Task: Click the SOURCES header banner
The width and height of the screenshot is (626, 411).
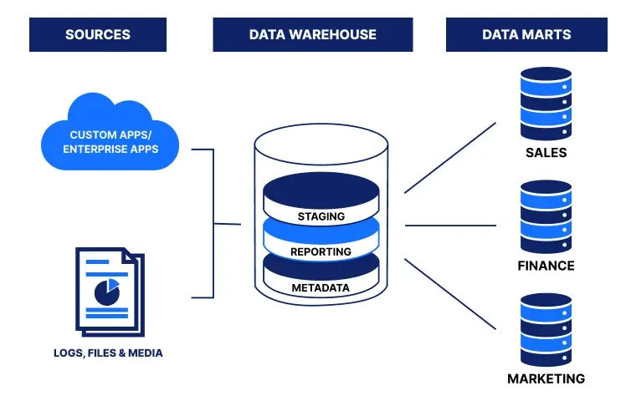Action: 97,35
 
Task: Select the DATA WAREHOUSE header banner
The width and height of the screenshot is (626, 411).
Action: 312,35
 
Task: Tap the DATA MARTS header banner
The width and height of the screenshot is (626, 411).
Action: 526,35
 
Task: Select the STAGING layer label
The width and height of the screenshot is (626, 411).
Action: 321,216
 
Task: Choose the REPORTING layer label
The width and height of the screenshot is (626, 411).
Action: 321,251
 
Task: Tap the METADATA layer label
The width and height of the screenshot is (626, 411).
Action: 321,288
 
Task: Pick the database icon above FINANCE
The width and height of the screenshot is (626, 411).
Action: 546,216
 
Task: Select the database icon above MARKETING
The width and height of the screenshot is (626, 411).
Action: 546,328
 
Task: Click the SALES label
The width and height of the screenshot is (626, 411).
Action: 546,153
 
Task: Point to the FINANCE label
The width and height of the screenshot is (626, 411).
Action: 546,266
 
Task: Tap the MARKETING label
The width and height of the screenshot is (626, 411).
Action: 546,378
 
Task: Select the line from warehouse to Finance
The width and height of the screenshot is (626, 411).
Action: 450,225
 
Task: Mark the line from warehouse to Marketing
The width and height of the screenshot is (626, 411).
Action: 450,292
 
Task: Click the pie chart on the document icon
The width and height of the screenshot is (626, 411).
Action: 106,291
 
